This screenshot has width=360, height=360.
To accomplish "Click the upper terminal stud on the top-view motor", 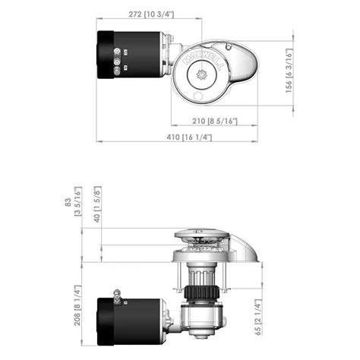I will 116,52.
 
